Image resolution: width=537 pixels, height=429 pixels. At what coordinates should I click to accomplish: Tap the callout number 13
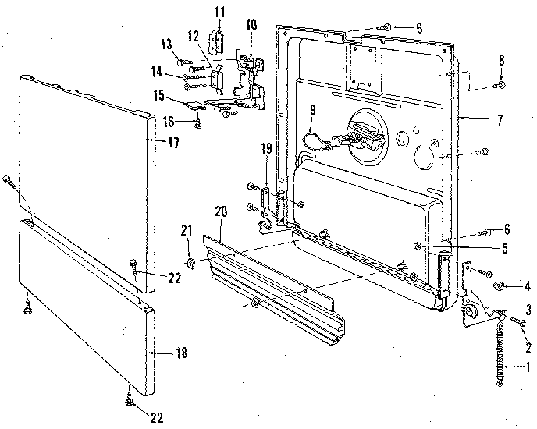coord(167,42)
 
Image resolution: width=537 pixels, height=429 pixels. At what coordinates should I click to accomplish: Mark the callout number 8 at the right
coord(502,59)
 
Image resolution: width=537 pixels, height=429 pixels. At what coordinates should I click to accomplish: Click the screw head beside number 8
coord(501,83)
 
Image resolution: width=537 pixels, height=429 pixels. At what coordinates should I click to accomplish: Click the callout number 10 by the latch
coord(251,25)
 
